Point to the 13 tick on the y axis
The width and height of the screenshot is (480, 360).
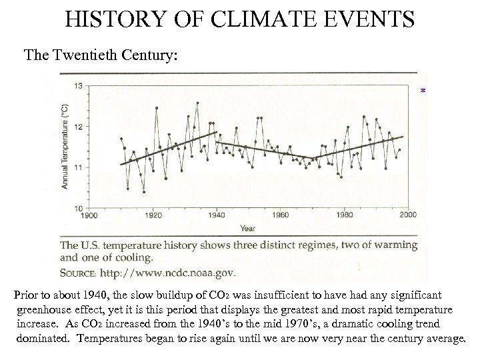[79, 85]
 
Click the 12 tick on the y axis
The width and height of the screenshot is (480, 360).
[79, 127]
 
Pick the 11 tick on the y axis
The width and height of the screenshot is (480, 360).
[79, 167]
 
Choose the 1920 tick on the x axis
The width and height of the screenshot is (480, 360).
[153, 215]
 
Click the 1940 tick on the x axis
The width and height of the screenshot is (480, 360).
[217, 215]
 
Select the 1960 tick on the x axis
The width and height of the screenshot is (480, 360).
[281, 215]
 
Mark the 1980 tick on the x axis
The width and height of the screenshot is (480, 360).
[345, 215]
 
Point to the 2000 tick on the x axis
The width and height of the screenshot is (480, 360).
[407, 215]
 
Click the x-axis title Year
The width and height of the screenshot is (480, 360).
[247, 228]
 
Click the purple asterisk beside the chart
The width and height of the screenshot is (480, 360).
[423, 91]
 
